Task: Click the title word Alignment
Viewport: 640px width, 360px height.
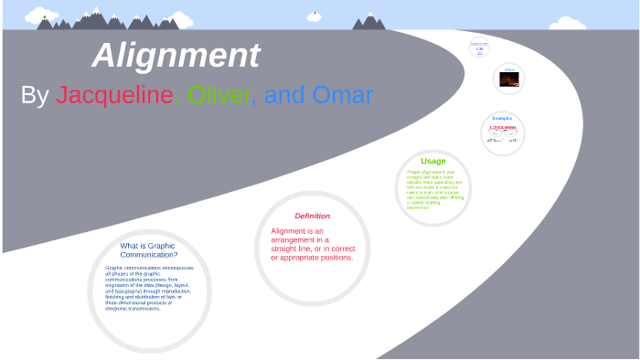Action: coord(176,57)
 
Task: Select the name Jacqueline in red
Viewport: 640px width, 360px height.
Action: coord(114,95)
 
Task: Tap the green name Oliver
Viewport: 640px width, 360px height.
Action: coord(222,95)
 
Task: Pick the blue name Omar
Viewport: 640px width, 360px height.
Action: coord(343,95)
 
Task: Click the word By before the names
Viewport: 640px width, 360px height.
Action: coord(35,95)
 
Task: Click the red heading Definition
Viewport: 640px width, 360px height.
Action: coord(312,216)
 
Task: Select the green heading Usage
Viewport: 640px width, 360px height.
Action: coord(433,161)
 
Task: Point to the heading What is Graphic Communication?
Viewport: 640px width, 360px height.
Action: coord(149,250)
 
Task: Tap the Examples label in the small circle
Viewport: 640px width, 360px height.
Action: coord(502,118)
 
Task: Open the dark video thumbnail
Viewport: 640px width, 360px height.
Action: coord(509,79)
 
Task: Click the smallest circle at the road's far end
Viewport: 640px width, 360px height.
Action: coord(480,47)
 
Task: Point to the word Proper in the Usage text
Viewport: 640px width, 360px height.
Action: coord(413,172)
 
